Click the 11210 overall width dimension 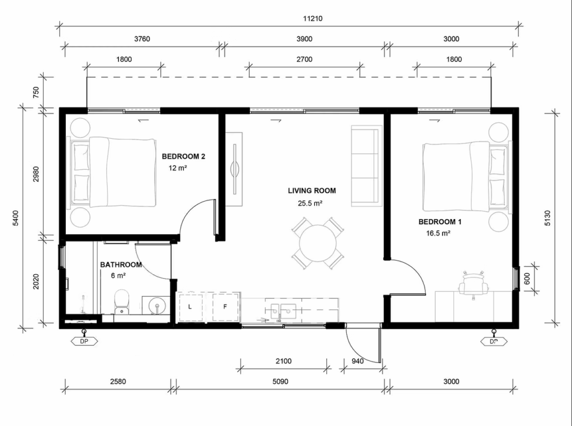pyautogui.click(x=313, y=18)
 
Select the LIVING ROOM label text pyautogui.click(x=312, y=191)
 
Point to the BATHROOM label pyautogui.click(x=121, y=265)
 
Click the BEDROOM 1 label pyautogui.click(x=440, y=222)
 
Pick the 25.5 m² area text pyautogui.click(x=309, y=203)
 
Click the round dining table pyautogui.click(x=318, y=243)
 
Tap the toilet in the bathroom pyautogui.click(x=121, y=302)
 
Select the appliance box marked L pyautogui.click(x=190, y=307)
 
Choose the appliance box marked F pyautogui.click(x=225, y=307)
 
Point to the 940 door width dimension pyautogui.click(x=357, y=361)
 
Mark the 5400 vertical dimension pyautogui.click(x=15, y=218)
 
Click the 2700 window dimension pyautogui.click(x=304, y=59)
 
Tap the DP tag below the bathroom pyautogui.click(x=84, y=342)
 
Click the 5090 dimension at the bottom pyautogui.click(x=280, y=381)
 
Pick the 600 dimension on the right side pyautogui.click(x=527, y=279)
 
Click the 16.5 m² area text pyautogui.click(x=438, y=234)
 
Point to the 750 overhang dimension pyautogui.click(x=36, y=93)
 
